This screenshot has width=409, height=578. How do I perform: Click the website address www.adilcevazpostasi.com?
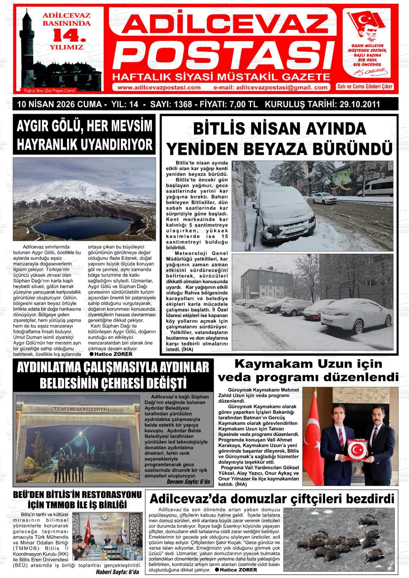pyautogui.click(x=159, y=88)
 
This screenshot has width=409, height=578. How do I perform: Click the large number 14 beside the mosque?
pyautogui.click(x=68, y=35)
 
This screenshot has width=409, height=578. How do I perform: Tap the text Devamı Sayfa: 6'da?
pyautogui.click(x=188, y=482)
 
